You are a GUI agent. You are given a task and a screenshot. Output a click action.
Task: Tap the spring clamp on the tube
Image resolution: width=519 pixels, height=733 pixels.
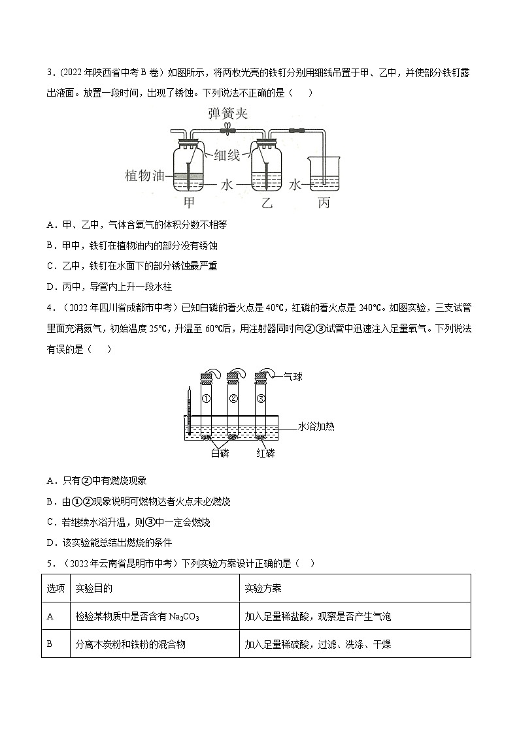(227, 131)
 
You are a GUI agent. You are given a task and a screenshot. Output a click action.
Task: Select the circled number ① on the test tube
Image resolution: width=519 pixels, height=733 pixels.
(205, 398)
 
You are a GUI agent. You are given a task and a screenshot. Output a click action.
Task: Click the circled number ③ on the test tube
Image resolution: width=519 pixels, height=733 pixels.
(261, 398)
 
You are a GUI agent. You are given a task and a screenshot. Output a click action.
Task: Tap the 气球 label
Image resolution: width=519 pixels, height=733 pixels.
(293, 377)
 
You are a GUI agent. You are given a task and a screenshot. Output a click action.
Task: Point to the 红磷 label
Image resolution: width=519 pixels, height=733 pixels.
(265, 453)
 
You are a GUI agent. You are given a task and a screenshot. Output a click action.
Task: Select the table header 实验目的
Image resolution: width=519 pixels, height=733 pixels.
(93, 588)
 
